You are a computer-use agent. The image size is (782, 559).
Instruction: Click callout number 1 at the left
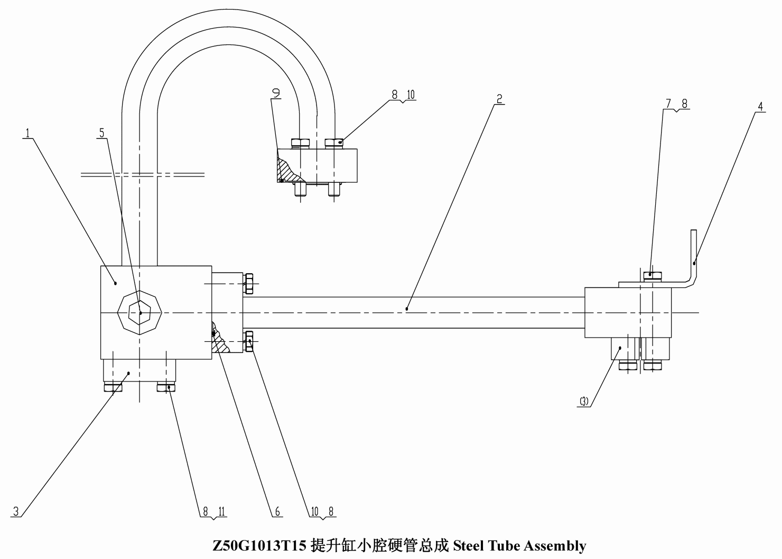[x=27, y=133]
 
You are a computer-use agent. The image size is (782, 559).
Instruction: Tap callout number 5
[x=101, y=133]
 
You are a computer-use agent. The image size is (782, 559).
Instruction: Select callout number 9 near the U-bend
[x=276, y=93]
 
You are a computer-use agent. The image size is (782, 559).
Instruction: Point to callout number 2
[x=499, y=99]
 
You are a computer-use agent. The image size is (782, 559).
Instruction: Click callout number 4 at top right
[x=761, y=107]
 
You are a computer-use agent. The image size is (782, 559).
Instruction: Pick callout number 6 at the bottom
[x=277, y=512]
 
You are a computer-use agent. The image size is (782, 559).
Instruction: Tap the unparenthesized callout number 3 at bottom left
[x=16, y=511]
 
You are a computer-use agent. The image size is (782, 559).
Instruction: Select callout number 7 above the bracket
[x=668, y=104]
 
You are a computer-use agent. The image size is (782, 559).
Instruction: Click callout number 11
[x=222, y=512]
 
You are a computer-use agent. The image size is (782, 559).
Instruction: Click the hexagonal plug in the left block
[x=139, y=312]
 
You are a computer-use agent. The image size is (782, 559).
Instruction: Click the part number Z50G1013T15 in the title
[x=259, y=546]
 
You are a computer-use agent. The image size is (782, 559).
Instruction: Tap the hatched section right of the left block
[x=220, y=338]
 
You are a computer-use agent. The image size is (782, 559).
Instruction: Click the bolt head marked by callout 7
[x=653, y=275]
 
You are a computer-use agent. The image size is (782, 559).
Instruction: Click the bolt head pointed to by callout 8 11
[x=166, y=388]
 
